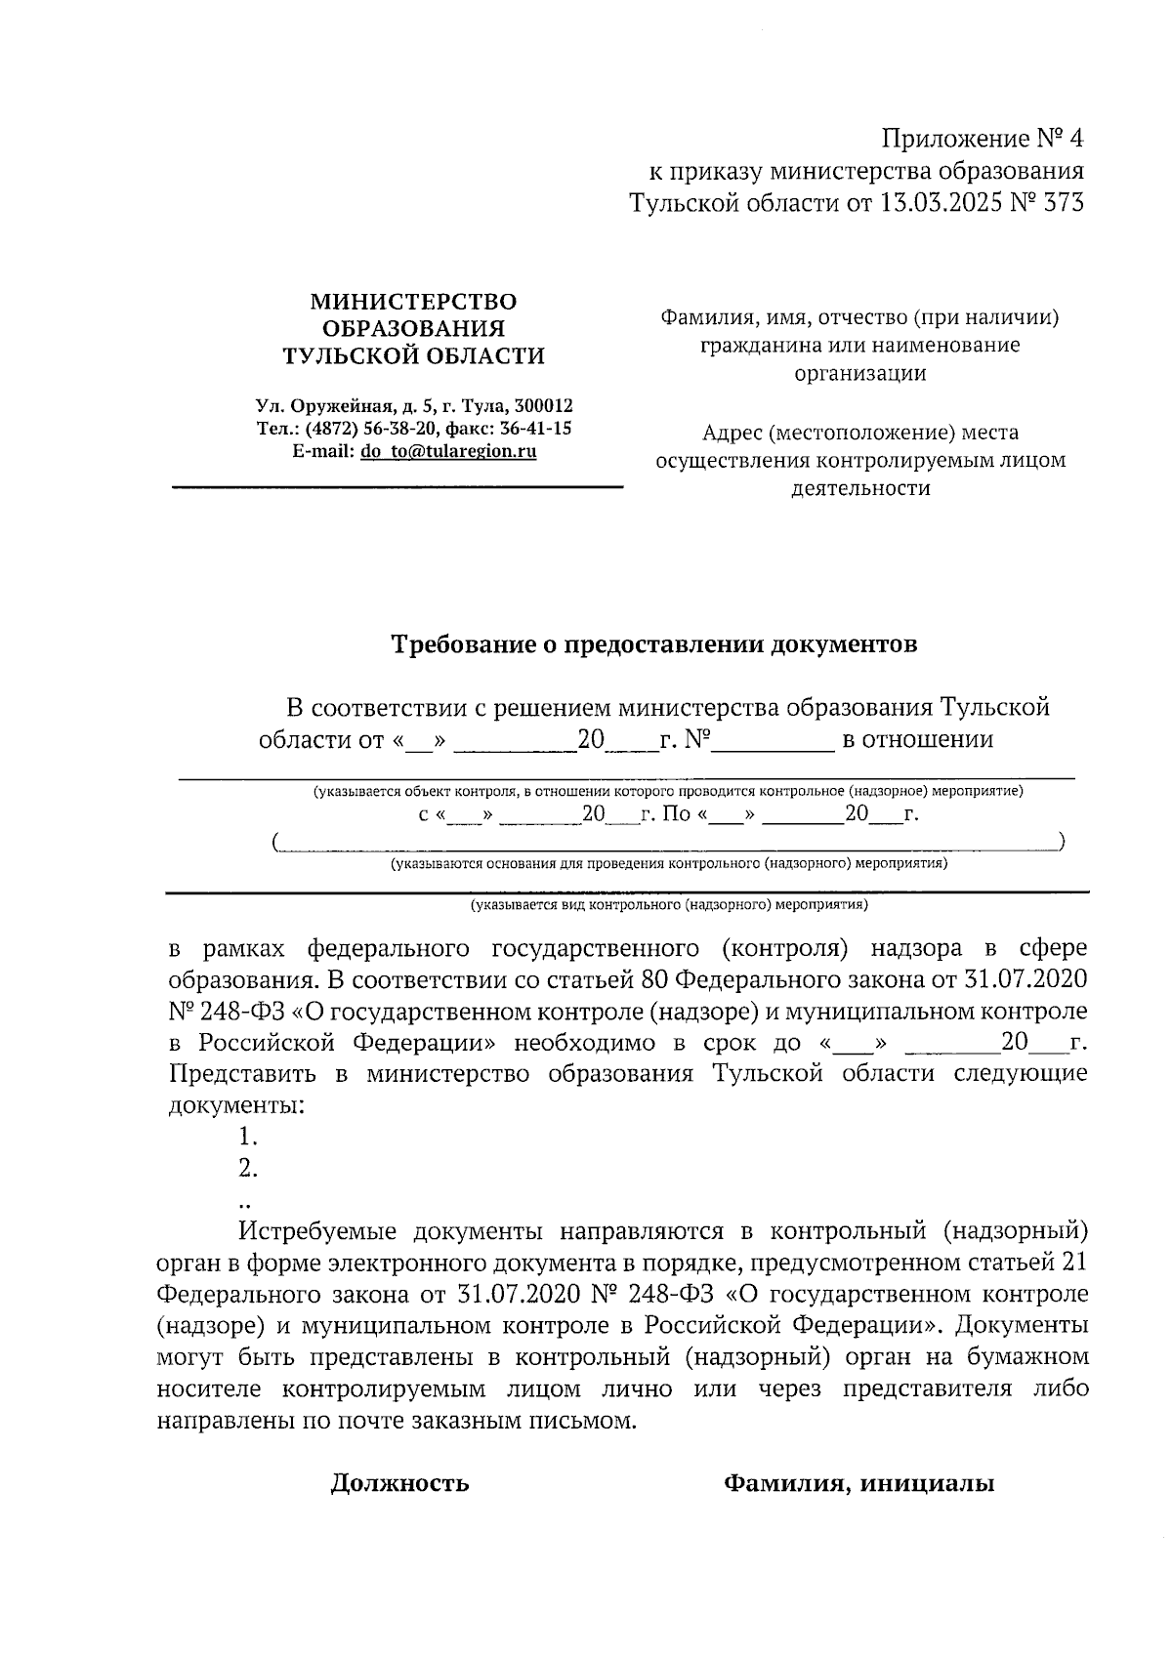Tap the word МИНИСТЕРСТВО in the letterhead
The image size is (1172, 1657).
pyautogui.click(x=413, y=302)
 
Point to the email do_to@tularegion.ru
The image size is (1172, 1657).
pyautogui.click(x=448, y=452)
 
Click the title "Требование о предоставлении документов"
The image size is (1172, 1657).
pyautogui.click(x=654, y=644)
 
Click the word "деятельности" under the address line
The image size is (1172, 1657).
pyautogui.click(x=859, y=488)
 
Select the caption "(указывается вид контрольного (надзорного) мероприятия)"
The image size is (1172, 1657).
pyautogui.click(x=669, y=905)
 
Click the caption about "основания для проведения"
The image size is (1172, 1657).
pyautogui.click(x=669, y=864)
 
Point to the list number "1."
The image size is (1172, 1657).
pyautogui.click(x=248, y=1137)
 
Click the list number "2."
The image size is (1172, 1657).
pyautogui.click(x=248, y=1169)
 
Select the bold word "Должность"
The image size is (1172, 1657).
pyautogui.click(x=399, y=1484)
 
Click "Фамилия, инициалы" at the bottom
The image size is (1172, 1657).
pyautogui.click(x=858, y=1484)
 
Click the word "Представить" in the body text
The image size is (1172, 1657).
pyautogui.click(x=242, y=1074)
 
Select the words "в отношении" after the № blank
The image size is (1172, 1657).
pyautogui.click(x=917, y=739)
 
